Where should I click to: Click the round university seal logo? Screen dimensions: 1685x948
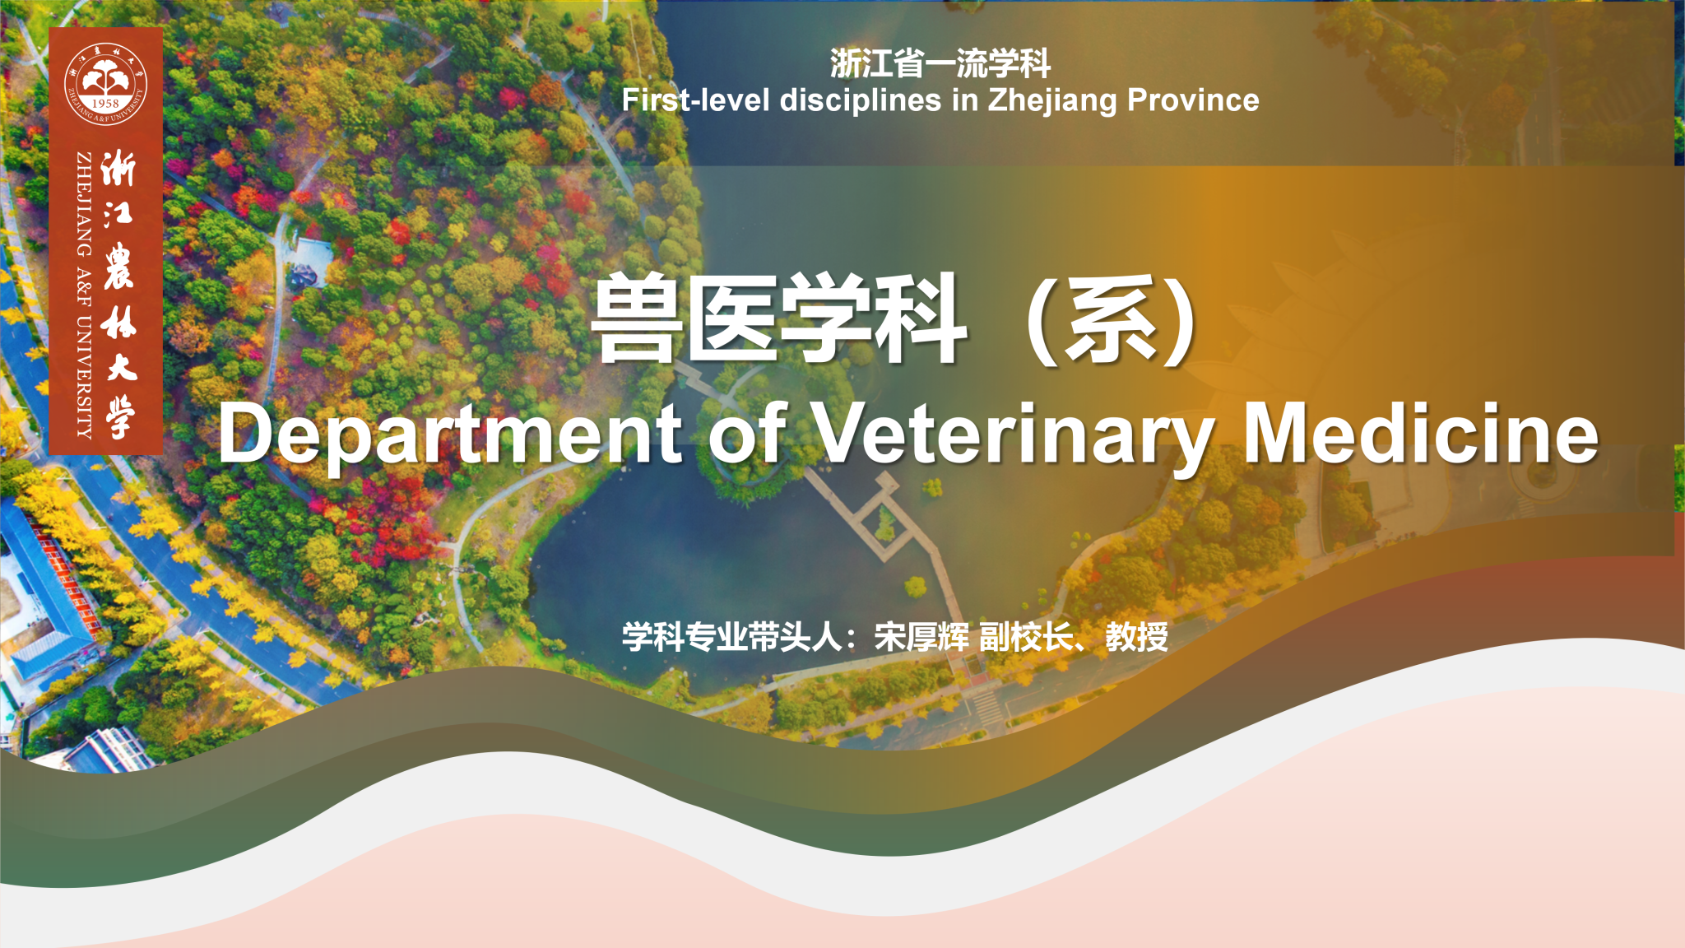coord(105,83)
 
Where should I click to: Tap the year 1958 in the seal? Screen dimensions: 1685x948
coord(105,104)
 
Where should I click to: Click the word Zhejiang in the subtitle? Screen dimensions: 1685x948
coord(1052,100)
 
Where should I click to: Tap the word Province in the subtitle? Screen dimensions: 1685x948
coord(1193,100)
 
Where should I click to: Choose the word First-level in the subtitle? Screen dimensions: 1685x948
coord(696,100)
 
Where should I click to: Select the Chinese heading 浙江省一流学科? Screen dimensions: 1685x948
coord(940,63)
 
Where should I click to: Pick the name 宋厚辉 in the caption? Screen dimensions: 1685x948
coord(921,637)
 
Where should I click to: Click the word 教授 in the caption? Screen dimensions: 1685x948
coord(1137,637)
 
